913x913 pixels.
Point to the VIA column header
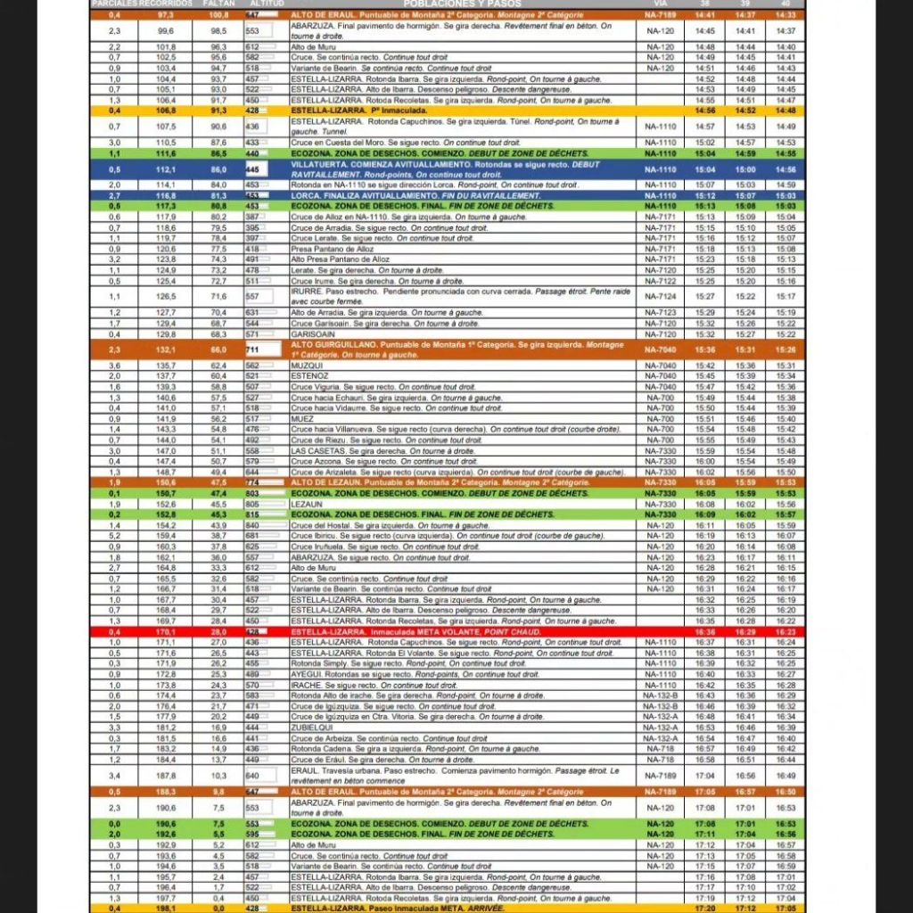click(660, 4)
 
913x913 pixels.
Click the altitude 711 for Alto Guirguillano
click(252, 350)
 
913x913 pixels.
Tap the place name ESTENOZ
click(308, 376)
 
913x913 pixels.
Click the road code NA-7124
click(660, 297)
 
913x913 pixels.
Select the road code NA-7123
click(660, 313)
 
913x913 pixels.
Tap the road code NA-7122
click(660, 281)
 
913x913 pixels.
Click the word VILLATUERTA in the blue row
click(319, 165)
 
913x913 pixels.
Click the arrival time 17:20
click(705, 909)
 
